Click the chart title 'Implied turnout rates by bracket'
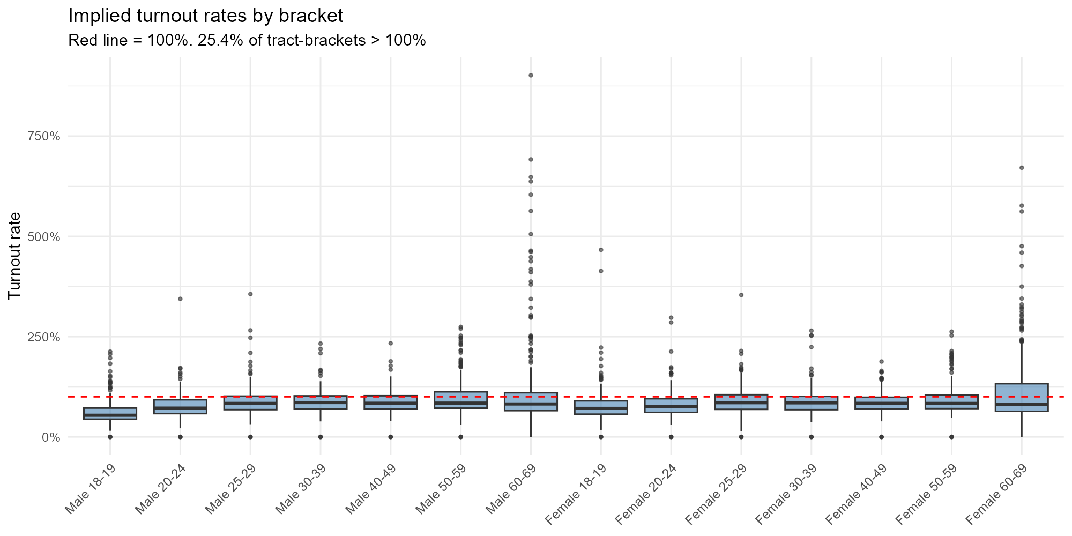[x=205, y=16]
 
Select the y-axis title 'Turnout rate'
[x=15, y=255]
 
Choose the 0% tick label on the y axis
[x=52, y=437]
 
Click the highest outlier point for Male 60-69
[x=531, y=75]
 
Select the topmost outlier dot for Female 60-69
[x=1022, y=168]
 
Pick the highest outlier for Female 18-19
[x=601, y=250]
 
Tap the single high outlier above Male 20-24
[x=180, y=299]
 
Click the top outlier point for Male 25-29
[x=250, y=294]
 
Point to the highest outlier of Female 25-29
[x=741, y=295]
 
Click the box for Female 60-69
[x=1022, y=397]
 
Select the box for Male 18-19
[x=110, y=414]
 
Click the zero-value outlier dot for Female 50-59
[x=951, y=437]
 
